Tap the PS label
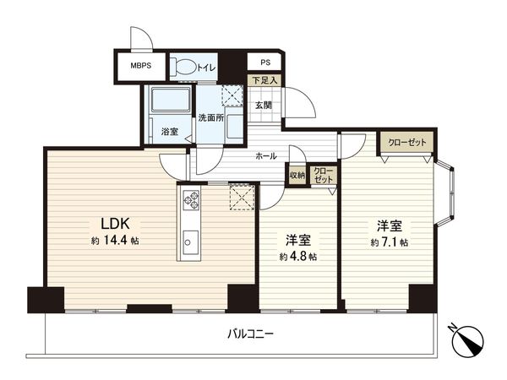tap(265, 62)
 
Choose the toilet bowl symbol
tap(183, 67)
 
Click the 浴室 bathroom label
tap(170, 131)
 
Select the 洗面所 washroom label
tap(210, 117)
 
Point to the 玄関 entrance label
tap(264, 106)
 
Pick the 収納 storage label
tap(297, 175)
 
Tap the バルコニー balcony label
tap(250, 334)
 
